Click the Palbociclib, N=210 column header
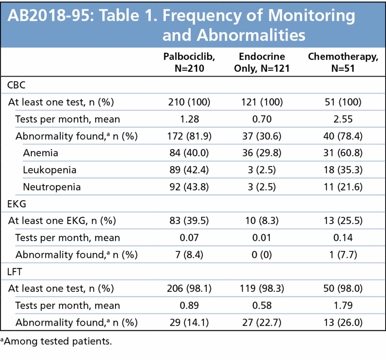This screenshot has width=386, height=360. (189, 62)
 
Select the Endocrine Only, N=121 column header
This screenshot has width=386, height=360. (261, 62)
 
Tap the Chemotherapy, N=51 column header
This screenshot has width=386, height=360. (343, 62)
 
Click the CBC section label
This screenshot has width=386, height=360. (16, 85)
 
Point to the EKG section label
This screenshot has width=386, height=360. (17, 204)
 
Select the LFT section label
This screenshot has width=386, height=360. (15, 272)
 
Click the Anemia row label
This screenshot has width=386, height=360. (40, 153)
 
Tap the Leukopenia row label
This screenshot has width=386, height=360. (49, 170)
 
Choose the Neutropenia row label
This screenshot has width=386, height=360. (52, 187)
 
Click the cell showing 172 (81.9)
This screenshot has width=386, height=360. (189, 136)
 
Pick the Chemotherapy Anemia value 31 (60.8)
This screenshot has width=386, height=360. (343, 153)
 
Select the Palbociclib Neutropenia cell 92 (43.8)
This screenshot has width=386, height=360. (189, 187)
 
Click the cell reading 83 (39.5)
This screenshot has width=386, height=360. (189, 221)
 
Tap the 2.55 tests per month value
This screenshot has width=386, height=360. (343, 119)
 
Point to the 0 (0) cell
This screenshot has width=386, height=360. (261, 255)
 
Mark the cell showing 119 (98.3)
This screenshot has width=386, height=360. (261, 289)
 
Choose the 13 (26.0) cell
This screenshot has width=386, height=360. (343, 322)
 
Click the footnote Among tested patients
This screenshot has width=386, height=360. (57, 341)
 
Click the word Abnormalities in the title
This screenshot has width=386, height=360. (251, 35)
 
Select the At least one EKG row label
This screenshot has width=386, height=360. (62, 221)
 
